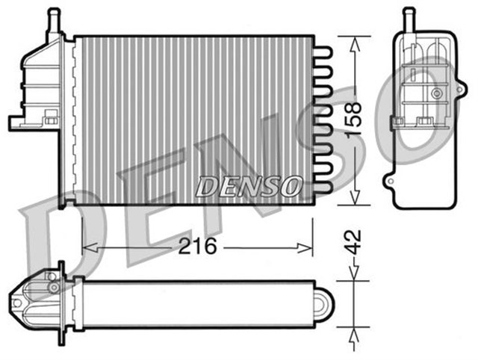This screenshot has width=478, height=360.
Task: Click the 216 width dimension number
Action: [x=196, y=246]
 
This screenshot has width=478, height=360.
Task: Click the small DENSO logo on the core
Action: [x=249, y=186]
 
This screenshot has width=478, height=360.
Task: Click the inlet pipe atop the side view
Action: [x=409, y=19]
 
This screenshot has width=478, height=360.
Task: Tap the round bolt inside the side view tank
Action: [x=435, y=94]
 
